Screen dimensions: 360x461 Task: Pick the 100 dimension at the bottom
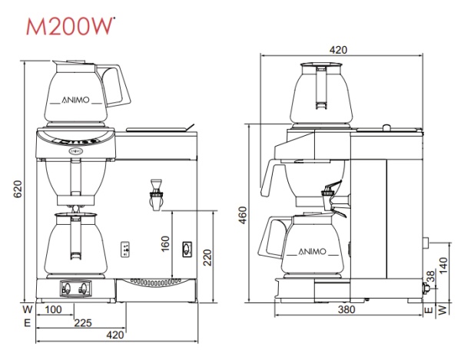[x=55, y=310]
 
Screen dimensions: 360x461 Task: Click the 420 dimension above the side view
[x=339, y=49]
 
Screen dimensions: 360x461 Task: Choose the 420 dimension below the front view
[x=114, y=335]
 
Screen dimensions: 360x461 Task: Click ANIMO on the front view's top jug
[x=75, y=101]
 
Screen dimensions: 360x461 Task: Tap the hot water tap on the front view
[x=158, y=193]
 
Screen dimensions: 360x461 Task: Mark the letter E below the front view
[x=27, y=323]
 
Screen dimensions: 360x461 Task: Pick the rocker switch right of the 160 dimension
[x=186, y=249]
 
